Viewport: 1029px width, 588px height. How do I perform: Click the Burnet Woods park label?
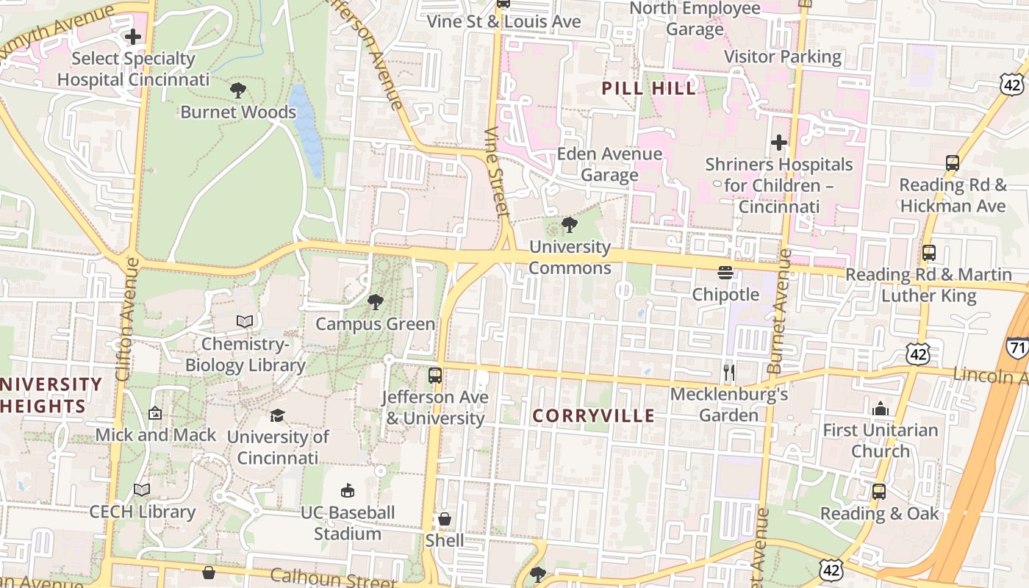pos(238,112)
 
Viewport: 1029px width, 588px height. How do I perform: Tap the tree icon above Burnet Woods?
pos(237,90)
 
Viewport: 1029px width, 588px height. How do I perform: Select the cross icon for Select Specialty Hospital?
pos(133,36)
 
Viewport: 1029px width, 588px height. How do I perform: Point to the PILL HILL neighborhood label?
pos(649,89)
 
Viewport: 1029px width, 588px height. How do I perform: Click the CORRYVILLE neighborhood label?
pos(593,416)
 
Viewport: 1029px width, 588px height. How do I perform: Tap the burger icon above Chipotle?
pos(725,273)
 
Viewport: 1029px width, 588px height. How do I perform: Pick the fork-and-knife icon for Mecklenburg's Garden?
pos(728,373)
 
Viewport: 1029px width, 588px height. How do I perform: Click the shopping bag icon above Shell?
pos(445,520)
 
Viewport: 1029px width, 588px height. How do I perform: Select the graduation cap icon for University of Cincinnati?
pos(277,416)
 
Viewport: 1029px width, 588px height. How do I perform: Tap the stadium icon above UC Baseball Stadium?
pos(348,491)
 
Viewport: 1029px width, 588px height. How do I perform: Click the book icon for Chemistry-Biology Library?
pos(245,322)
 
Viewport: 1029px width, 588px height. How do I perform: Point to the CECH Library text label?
pos(143,512)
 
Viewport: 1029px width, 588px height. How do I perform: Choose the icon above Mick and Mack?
pos(155,414)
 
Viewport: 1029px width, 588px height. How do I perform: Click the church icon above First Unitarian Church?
pos(880,409)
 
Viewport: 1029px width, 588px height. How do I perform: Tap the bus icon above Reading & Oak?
pos(879,492)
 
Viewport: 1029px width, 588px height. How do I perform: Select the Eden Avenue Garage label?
pos(609,165)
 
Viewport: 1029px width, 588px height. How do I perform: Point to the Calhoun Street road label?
pos(332,577)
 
